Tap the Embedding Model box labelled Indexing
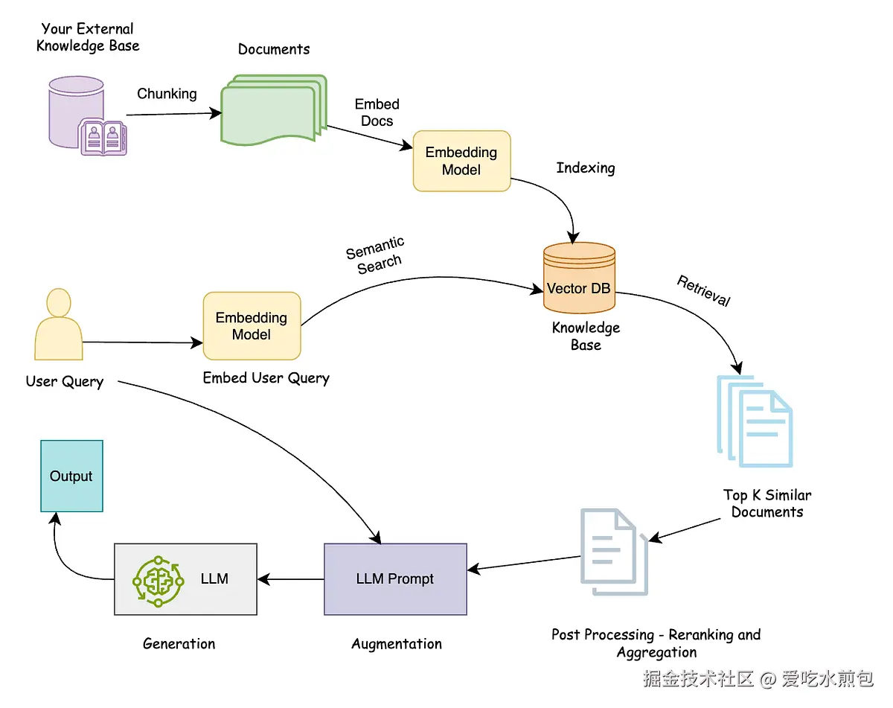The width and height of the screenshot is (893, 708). pos(461,162)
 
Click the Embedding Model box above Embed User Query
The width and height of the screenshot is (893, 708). pos(252,326)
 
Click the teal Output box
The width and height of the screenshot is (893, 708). pos(71,476)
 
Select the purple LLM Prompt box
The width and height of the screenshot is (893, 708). pos(395,578)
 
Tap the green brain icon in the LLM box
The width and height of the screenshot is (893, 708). pos(157,578)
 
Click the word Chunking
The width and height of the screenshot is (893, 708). pos(167,94)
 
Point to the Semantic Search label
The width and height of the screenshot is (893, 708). pos(376,255)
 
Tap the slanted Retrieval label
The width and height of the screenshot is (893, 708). pos(703,291)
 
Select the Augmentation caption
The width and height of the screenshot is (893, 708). pos(396,644)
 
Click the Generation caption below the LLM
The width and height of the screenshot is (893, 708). pos(179,644)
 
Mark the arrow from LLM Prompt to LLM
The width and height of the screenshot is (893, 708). pos(290,579)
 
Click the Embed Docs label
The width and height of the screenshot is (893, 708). pos(377,112)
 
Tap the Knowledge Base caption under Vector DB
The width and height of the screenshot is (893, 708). pos(586,337)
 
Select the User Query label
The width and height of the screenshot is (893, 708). pos(65,382)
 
